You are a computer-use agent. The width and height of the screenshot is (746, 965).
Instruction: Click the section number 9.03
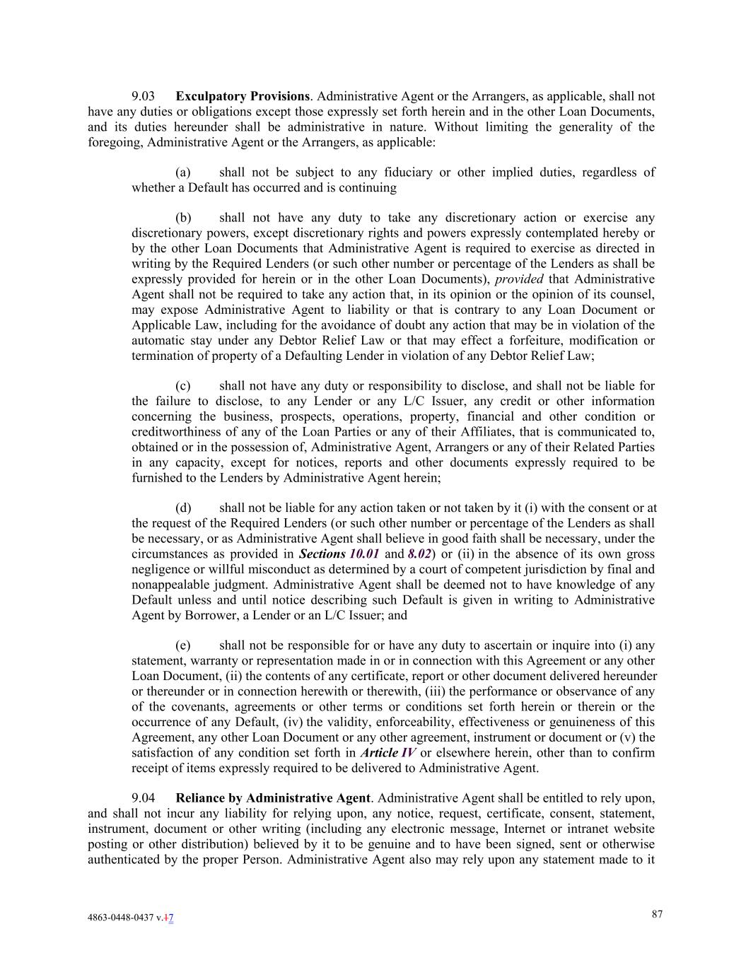coord(143,96)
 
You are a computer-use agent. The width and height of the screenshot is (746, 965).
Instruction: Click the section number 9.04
coord(143,798)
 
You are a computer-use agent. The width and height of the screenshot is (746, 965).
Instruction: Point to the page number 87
coord(657,914)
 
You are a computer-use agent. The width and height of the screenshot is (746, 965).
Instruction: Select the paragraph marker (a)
coord(182,172)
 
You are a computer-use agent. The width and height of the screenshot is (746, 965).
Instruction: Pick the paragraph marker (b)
coord(182,218)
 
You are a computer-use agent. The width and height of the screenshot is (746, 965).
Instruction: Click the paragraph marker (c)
coord(182,386)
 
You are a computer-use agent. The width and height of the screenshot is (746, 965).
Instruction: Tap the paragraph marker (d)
coord(182,508)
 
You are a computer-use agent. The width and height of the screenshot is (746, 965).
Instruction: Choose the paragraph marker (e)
coord(182,645)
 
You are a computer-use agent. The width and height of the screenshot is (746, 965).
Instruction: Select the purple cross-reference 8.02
coord(419,554)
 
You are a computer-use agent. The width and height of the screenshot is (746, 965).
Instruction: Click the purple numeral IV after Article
coord(408,753)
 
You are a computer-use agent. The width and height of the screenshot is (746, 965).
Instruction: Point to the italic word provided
coord(518,279)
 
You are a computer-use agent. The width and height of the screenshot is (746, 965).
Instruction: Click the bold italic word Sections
coord(322,554)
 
